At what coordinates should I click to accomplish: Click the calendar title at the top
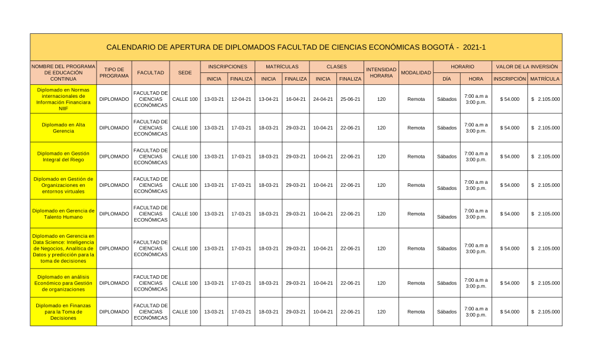pyautogui.click(x=296, y=47)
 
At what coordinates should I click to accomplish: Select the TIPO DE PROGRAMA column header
pyautogui.click(x=114, y=72)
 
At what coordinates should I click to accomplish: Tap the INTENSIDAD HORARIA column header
pyautogui.click(x=381, y=72)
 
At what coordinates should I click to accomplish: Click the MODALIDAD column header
pyautogui.click(x=416, y=72)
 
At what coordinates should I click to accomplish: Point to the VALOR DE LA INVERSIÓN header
pyautogui.click(x=527, y=67)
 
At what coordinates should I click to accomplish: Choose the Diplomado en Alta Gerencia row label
pyautogui.click(x=63, y=128)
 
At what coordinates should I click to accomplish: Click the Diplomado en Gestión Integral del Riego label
pyautogui.click(x=63, y=157)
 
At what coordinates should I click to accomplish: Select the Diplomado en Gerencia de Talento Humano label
pyautogui.click(x=63, y=214)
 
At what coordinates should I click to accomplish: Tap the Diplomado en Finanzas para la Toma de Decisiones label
pyautogui.click(x=63, y=311)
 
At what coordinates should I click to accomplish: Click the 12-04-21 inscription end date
pyautogui.click(x=241, y=99)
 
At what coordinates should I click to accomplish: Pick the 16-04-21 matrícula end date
pyautogui.click(x=295, y=99)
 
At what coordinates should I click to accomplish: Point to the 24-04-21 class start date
pyautogui.click(x=323, y=99)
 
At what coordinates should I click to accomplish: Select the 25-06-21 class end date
pyautogui.click(x=350, y=99)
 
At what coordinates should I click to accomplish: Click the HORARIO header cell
pyautogui.click(x=462, y=67)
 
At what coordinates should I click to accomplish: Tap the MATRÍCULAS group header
pyautogui.click(x=282, y=67)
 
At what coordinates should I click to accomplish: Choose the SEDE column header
pyautogui.click(x=184, y=72)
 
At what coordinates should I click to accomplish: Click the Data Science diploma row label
pyautogui.click(x=63, y=248)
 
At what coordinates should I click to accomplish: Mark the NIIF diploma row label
pyautogui.click(x=63, y=99)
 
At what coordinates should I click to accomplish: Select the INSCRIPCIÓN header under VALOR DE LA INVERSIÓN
pyautogui.click(x=509, y=78)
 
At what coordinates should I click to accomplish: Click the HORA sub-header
pyautogui.click(x=476, y=78)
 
